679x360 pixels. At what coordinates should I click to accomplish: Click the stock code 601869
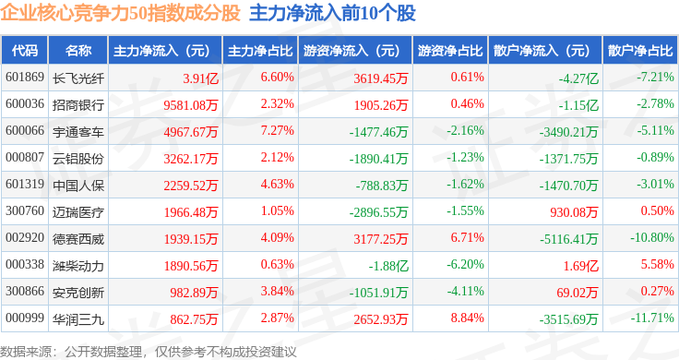click(25, 78)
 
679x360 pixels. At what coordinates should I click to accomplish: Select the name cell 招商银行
click(78, 105)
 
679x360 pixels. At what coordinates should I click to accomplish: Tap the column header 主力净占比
click(260, 51)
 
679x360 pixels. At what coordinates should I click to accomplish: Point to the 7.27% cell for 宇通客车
click(277, 131)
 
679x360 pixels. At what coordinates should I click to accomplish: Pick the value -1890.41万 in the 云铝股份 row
click(378, 159)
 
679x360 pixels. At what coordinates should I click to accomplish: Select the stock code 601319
click(25, 184)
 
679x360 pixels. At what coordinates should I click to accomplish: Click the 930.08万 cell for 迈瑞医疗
click(574, 212)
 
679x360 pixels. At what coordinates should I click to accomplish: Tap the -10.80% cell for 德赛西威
click(651, 238)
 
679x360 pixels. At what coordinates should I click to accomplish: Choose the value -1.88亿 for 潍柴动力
click(388, 266)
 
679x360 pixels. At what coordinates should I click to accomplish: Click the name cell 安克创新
click(78, 293)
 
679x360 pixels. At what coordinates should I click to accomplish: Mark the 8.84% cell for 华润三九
click(467, 318)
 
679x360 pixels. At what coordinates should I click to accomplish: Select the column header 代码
click(25, 51)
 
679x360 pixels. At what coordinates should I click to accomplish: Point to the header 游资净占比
click(450, 51)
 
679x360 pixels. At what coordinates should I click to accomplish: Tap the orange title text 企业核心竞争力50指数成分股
click(120, 13)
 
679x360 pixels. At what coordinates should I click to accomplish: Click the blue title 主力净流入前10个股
click(332, 13)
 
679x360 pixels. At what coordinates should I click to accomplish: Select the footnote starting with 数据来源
click(149, 352)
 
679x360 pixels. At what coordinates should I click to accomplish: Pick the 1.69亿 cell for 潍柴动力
click(580, 266)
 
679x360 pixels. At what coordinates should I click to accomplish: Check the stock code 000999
click(25, 318)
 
